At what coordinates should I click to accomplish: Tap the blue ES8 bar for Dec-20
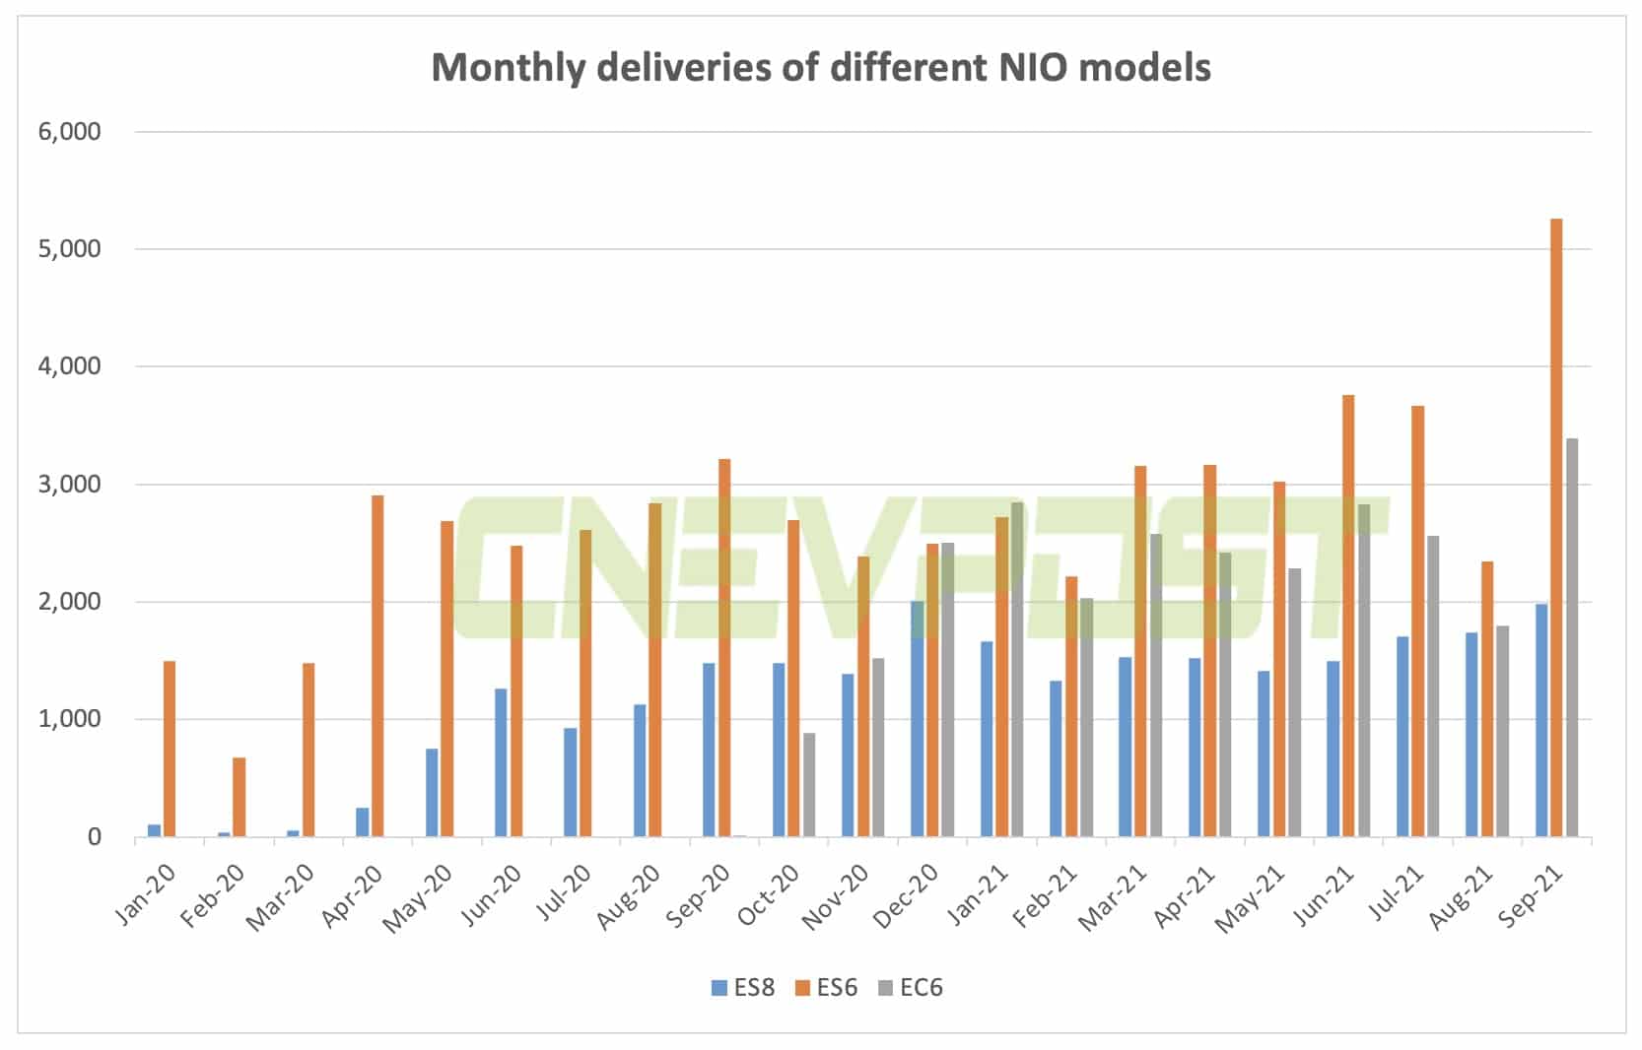pyautogui.click(x=917, y=719)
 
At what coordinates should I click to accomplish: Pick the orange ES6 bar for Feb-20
pyautogui.click(x=239, y=797)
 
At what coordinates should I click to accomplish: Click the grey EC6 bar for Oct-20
pyautogui.click(x=808, y=785)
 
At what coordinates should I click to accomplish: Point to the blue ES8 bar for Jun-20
pyautogui.click(x=501, y=762)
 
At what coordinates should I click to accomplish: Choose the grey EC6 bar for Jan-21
pyautogui.click(x=1017, y=670)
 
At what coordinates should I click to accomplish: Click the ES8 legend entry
pyautogui.click(x=743, y=987)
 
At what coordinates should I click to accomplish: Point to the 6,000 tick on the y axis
pyautogui.click(x=70, y=132)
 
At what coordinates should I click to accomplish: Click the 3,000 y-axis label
pyautogui.click(x=70, y=485)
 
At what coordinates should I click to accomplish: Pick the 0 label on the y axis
pyautogui.click(x=95, y=837)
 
